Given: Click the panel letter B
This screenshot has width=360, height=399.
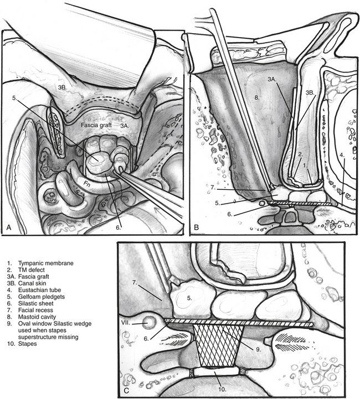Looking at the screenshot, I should [196, 227].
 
